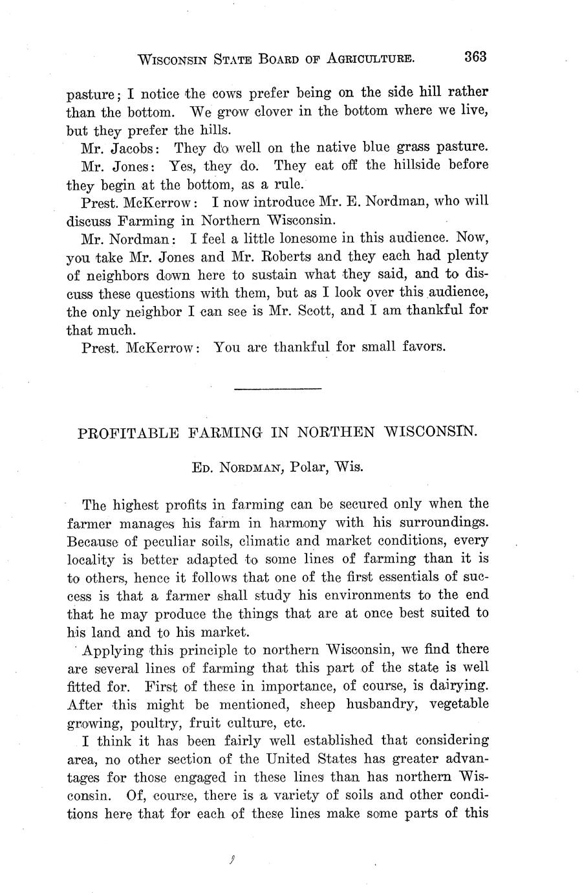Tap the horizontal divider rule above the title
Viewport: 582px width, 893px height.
click(277, 388)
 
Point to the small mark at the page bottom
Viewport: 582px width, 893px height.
click(231, 861)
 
